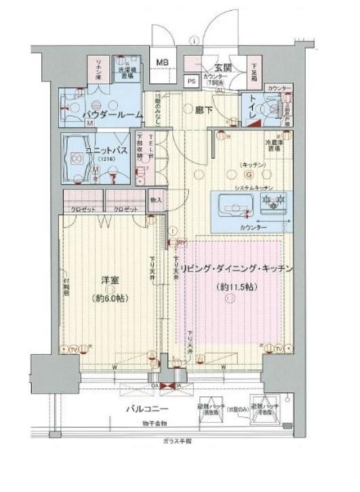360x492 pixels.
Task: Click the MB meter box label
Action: coord(163,63)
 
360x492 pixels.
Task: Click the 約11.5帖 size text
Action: coord(235,288)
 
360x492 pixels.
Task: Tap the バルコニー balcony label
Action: coord(145,409)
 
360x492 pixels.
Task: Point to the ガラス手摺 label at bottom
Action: coord(177,441)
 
